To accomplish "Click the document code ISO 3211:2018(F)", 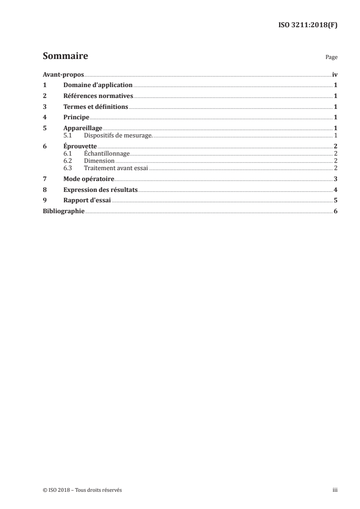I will [x=307, y=25].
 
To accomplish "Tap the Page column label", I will [x=331, y=58].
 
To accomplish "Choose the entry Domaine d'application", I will [x=98, y=85].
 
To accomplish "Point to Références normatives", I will [x=98, y=96].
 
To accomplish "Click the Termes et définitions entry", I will [x=96, y=107].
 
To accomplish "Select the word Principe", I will [x=76, y=117].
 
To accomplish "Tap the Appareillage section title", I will [x=83, y=128].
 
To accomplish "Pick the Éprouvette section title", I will [x=80, y=146].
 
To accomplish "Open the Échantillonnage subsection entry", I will [x=107, y=154].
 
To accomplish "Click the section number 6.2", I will [x=68, y=161].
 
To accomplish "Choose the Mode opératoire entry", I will [x=89, y=179].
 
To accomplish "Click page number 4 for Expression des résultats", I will [x=335, y=190].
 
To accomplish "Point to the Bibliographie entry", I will [x=63, y=211].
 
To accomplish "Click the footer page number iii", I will [x=335, y=490].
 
